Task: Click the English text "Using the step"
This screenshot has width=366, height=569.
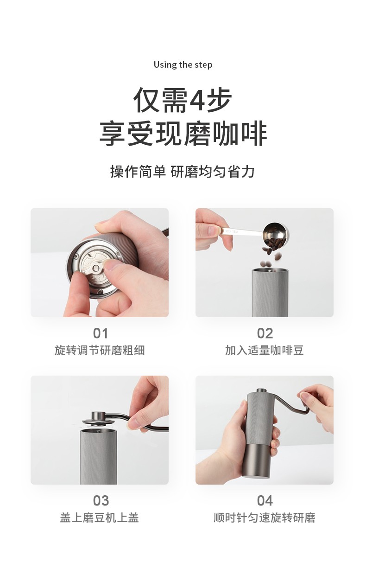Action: tap(183, 65)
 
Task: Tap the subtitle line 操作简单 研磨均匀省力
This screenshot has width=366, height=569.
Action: tap(183, 172)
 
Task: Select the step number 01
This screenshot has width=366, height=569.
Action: tap(101, 333)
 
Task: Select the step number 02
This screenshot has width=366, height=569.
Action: tap(265, 333)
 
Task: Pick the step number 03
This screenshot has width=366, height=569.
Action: tap(101, 501)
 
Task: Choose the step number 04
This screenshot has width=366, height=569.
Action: tap(265, 501)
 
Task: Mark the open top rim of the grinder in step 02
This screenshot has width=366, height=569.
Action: tap(270, 270)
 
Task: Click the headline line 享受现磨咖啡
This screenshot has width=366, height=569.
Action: tap(183, 134)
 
